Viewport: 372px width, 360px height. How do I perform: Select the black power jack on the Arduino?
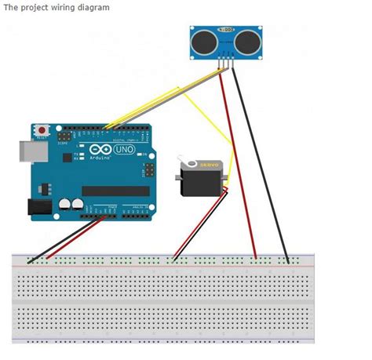tap(38, 207)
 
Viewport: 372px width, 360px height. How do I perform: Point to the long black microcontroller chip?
tap(115, 191)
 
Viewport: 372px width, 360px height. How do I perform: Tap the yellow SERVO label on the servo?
tap(210, 165)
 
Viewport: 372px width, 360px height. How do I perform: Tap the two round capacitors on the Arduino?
tap(71, 204)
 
